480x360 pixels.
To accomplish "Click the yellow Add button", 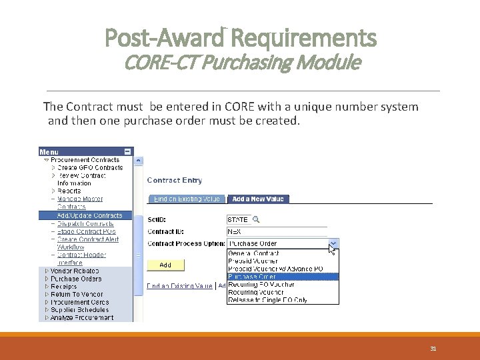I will pyautogui.click(x=165, y=265).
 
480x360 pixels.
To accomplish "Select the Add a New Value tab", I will pyautogui.click(x=257, y=199).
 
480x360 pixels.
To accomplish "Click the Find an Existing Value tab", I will pyautogui.click(x=187, y=199).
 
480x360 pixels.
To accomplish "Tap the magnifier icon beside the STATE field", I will pyautogui.click(x=255, y=219).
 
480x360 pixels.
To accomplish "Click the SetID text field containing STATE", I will pyautogui.click(x=238, y=219).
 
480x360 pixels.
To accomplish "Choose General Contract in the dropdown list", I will pyautogui.click(x=253, y=253).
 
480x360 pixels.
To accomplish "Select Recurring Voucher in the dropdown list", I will pyautogui.click(x=257, y=292).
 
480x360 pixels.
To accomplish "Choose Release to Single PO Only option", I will pyautogui.click(x=267, y=300).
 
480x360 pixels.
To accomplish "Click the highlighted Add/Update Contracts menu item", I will pyautogui.click(x=90, y=215).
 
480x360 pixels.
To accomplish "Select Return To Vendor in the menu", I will pyautogui.click(x=77, y=294).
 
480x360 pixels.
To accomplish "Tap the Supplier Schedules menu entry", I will pyautogui.click(x=79, y=310).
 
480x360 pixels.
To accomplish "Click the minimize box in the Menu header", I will pyautogui.click(x=127, y=151).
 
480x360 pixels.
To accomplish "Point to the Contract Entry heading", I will pyautogui.click(x=174, y=180).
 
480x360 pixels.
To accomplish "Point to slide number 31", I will pyautogui.click(x=433, y=349).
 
